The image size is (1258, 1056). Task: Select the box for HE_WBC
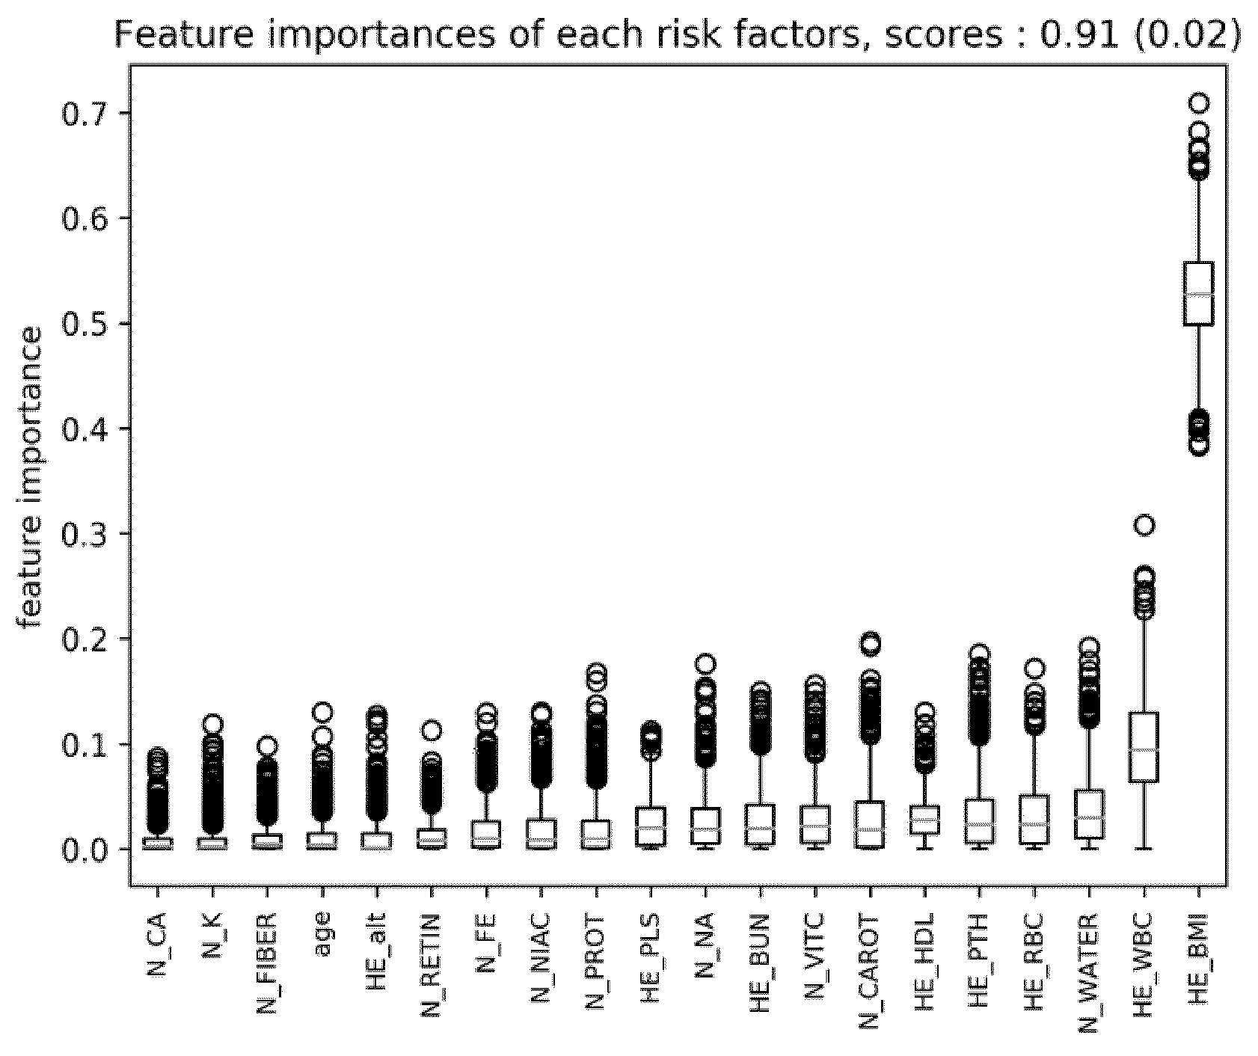pyautogui.click(x=1144, y=747)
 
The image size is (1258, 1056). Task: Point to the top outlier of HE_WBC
pyautogui.click(x=1144, y=525)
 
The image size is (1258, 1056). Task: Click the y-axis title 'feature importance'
pyautogui.click(x=31, y=479)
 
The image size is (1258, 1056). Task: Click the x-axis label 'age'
pyautogui.click(x=323, y=934)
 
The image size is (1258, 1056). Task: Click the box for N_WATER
pyautogui.click(x=1089, y=814)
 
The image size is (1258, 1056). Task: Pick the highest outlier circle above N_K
pyautogui.click(x=212, y=724)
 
